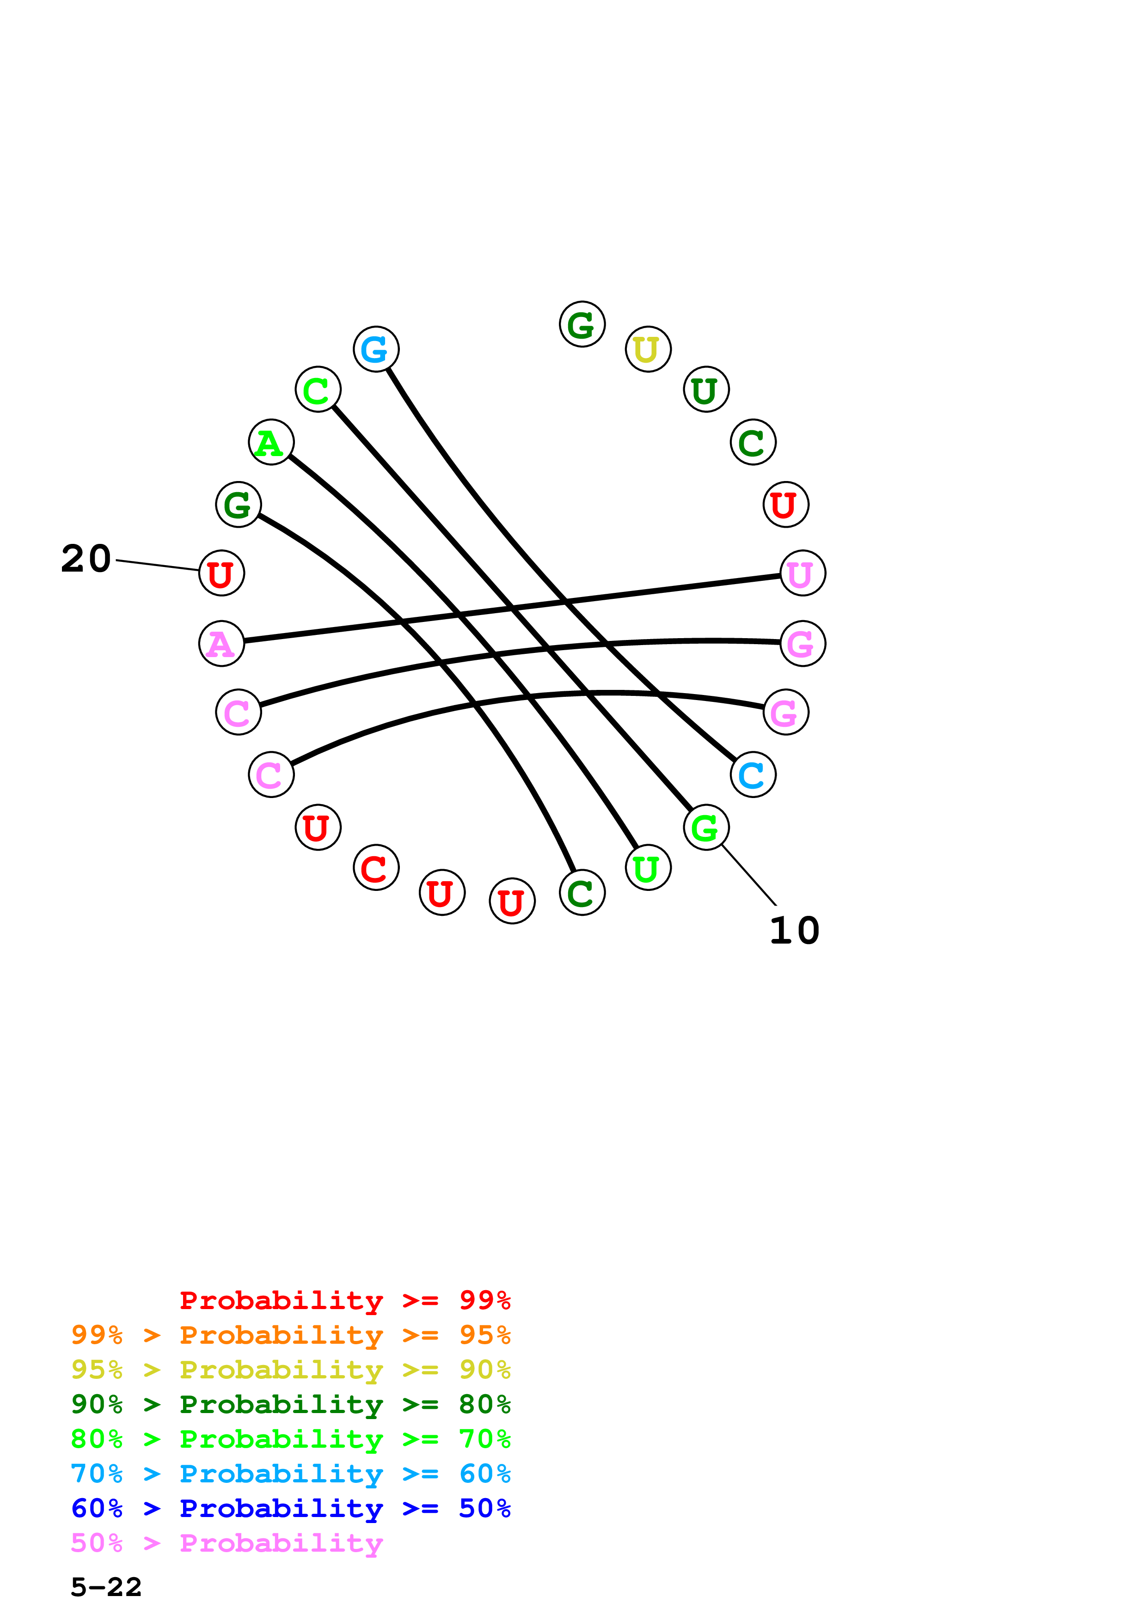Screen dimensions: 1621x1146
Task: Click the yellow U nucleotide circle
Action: tap(648, 349)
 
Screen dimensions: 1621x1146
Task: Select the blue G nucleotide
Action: tap(376, 349)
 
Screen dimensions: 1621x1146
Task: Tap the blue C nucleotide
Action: tap(753, 774)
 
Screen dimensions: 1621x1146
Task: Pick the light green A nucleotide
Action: tap(271, 442)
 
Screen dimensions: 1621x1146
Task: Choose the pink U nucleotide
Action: tap(802, 573)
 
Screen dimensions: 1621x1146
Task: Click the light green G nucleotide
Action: tap(705, 828)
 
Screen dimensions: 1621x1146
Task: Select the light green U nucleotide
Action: tap(648, 868)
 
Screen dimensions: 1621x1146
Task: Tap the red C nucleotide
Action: tap(376, 868)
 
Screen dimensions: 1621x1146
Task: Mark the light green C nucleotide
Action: tap(318, 389)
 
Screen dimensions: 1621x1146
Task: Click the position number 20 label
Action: tap(86, 559)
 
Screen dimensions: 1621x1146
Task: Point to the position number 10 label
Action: tap(794, 931)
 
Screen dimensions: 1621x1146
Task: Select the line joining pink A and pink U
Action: tap(512, 609)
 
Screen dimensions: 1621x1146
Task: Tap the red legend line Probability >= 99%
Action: tap(344, 1300)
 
